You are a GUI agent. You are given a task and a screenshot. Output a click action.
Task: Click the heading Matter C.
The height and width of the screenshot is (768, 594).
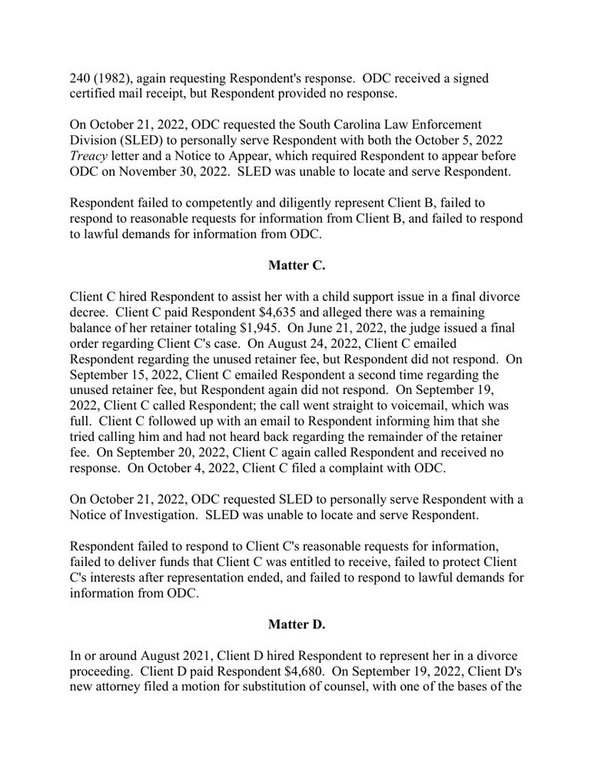297,266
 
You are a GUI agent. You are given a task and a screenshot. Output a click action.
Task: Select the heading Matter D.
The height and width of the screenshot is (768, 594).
297,624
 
